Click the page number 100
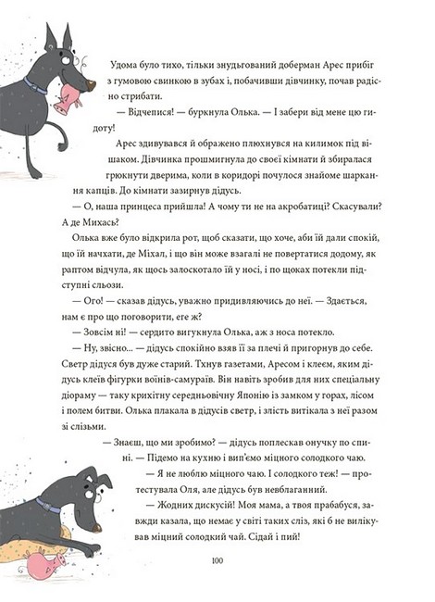(x=218, y=560)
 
